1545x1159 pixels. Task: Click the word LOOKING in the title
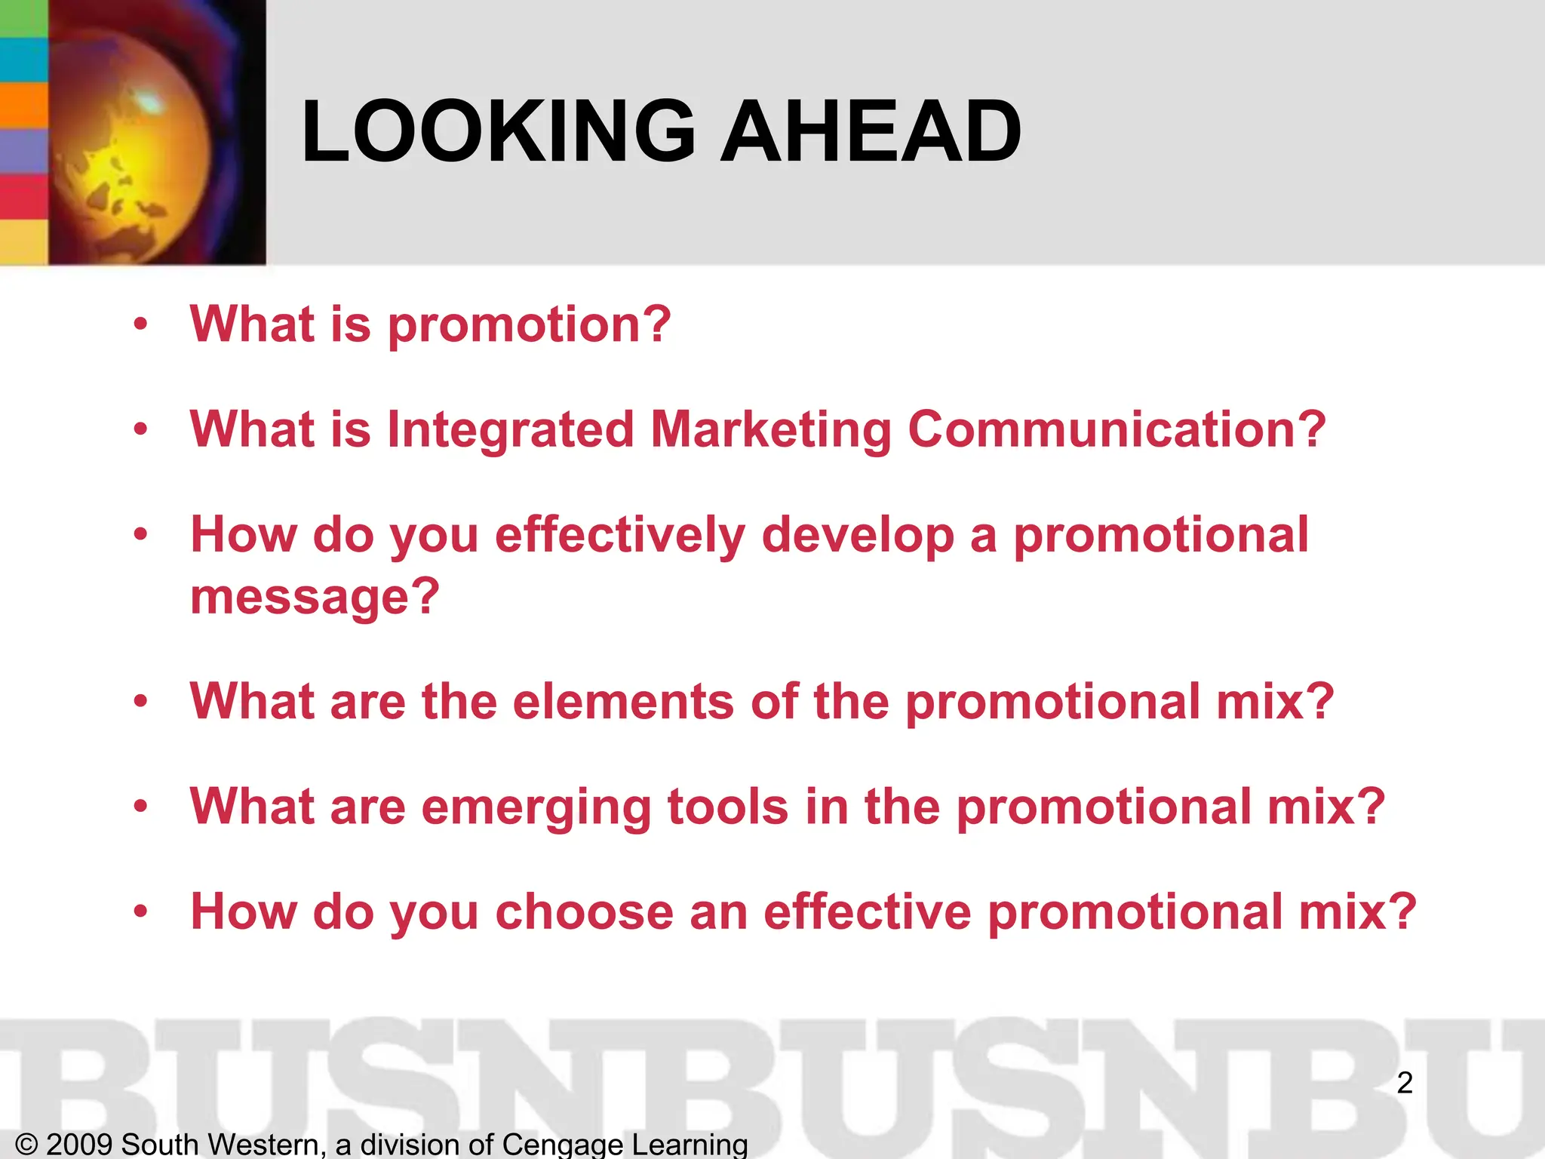(498, 132)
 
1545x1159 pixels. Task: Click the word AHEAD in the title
(871, 132)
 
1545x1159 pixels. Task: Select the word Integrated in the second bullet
(510, 430)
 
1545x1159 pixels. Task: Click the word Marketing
(770, 430)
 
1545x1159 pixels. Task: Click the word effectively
(619, 536)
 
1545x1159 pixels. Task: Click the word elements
(623, 702)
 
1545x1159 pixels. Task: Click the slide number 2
(1404, 1084)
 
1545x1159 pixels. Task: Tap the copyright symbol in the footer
(26, 1145)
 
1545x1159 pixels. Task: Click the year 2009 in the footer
(79, 1145)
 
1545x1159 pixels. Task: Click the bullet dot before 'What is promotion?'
(140, 325)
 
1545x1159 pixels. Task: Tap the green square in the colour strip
(23, 17)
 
